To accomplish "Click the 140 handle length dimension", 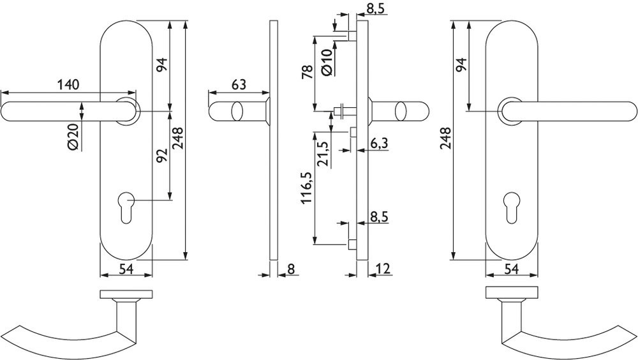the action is [68, 85].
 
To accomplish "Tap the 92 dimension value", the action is [162, 155].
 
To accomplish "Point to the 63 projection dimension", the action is [239, 85].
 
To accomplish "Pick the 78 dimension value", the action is [308, 71].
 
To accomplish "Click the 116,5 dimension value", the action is [308, 188].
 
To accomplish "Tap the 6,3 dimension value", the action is [379, 144].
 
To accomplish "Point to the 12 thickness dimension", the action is [383, 268].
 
